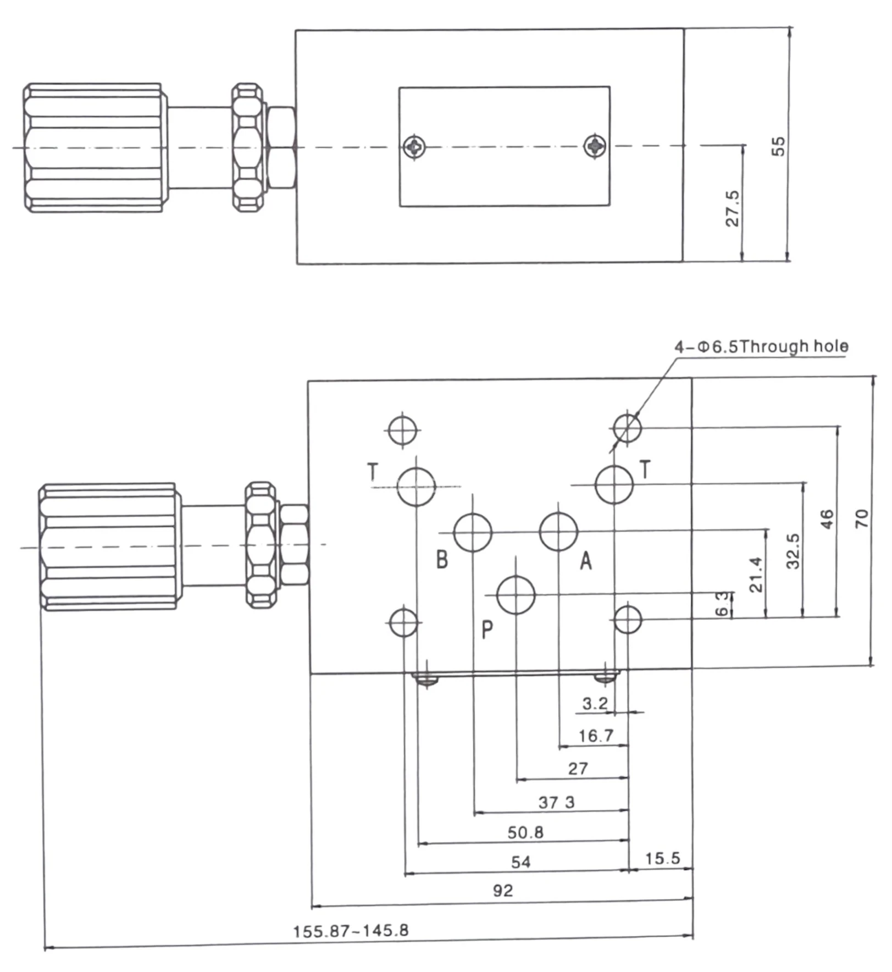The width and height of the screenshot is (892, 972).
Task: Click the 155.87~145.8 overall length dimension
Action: pyautogui.click(x=351, y=931)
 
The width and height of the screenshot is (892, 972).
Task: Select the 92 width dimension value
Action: pyautogui.click(x=503, y=891)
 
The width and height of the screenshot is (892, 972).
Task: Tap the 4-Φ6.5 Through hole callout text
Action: pyautogui.click(x=761, y=346)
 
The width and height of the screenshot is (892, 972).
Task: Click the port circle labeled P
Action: pyautogui.click(x=516, y=595)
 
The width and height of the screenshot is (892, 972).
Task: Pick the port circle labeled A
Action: pyautogui.click(x=558, y=532)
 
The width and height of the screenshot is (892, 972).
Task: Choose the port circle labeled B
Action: pyautogui.click(x=473, y=532)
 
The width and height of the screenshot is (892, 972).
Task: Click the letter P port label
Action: pyautogui.click(x=487, y=630)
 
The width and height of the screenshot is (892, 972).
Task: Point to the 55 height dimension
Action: pyautogui.click(x=778, y=146)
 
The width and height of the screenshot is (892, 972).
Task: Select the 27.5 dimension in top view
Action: pyautogui.click(x=733, y=209)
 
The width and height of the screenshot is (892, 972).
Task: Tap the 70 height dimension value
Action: pyautogui.click(x=862, y=518)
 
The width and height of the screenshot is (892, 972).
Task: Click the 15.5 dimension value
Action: pyautogui.click(x=662, y=858)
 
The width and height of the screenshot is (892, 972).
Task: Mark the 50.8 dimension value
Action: pyautogui.click(x=525, y=832)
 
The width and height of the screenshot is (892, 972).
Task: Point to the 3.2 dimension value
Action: pyautogui.click(x=595, y=703)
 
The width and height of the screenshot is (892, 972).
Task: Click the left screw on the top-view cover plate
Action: pyautogui.click(x=414, y=147)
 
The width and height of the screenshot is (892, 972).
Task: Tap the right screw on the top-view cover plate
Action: pyautogui.click(x=595, y=146)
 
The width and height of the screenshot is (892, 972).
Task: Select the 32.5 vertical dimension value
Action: pyautogui.click(x=793, y=551)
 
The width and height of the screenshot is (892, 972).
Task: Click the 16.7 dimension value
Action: pyautogui.click(x=596, y=736)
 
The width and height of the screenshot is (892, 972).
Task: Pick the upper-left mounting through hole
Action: pyautogui.click(x=403, y=430)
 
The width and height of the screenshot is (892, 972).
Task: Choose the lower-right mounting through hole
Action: pyautogui.click(x=627, y=619)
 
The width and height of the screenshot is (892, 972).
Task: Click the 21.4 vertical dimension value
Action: pyautogui.click(x=756, y=575)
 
